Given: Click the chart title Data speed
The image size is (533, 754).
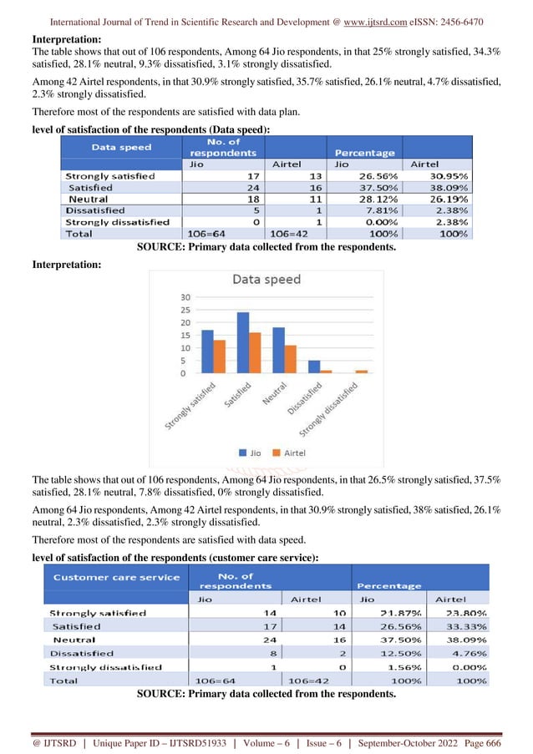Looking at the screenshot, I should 266,279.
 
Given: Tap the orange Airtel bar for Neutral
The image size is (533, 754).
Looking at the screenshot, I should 290,359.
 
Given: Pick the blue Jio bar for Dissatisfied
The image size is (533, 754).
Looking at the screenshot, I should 314,367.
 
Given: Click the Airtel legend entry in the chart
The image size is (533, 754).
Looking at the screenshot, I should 289,453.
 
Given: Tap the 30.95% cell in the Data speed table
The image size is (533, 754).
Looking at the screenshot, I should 447,176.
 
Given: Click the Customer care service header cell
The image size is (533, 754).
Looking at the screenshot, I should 117,577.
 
